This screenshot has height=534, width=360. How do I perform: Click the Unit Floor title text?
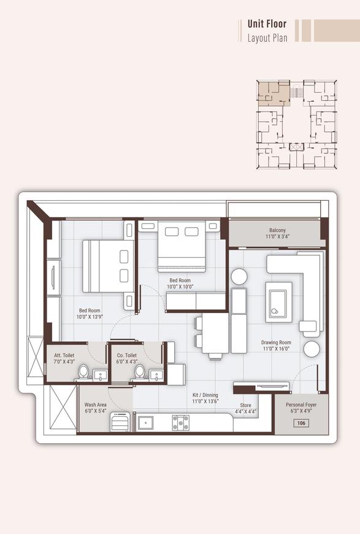(x=267, y=24)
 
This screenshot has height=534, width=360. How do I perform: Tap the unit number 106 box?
(x=301, y=423)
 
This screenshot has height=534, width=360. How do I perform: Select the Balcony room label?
(x=277, y=231)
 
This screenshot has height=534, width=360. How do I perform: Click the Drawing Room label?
(x=276, y=342)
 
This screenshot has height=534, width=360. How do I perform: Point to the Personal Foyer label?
(x=301, y=406)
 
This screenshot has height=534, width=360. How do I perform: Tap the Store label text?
(x=245, y=405)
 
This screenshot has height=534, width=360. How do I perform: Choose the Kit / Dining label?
(x=205, y=395)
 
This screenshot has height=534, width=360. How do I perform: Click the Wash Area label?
(x=95, y=406)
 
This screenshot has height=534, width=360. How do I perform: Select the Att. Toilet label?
(x=64, y=355)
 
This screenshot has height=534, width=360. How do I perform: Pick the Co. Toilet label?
(x=126, y=355)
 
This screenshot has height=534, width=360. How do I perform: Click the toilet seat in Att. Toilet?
(x=83, y=372)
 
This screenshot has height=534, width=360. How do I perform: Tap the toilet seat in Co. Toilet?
(x=140, y=372)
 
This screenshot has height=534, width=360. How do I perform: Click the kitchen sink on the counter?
(x=145, y=423)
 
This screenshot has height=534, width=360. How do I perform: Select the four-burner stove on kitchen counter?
(x=180, y=422)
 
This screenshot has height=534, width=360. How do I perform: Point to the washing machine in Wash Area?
(x=120, y=422)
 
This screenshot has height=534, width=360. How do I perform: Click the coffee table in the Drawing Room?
(x=278, y=301)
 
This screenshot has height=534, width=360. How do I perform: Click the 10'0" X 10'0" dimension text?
(x=181, y=287)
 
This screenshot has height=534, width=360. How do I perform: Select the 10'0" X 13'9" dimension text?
(x=89, y=317)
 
